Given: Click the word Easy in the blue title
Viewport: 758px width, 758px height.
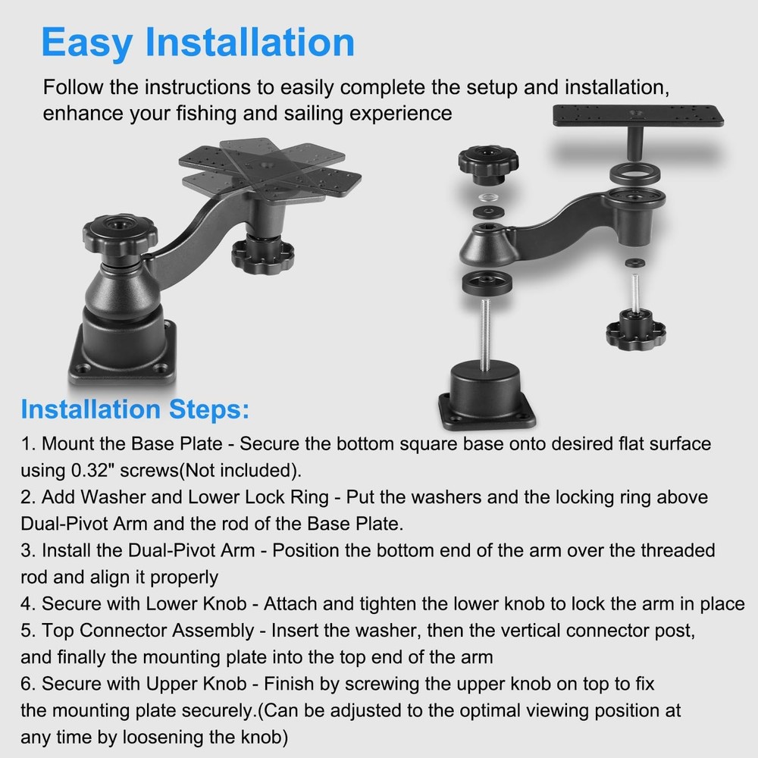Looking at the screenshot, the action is [x=87, y=43].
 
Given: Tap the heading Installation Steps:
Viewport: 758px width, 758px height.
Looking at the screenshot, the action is [x=135, y=409].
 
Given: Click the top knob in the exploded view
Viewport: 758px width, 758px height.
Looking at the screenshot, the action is [x=488, y=164].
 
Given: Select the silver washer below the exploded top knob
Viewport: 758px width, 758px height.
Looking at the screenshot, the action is [x=488, y=197].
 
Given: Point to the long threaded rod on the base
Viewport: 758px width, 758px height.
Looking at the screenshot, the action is [x=485, y=334].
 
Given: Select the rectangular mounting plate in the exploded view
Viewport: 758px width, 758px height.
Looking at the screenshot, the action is [x=637, y=116].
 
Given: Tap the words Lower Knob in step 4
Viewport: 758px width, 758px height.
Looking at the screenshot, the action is [x=196, y=604].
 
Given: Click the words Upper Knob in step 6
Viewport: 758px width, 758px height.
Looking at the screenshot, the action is [x=196, y=684].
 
